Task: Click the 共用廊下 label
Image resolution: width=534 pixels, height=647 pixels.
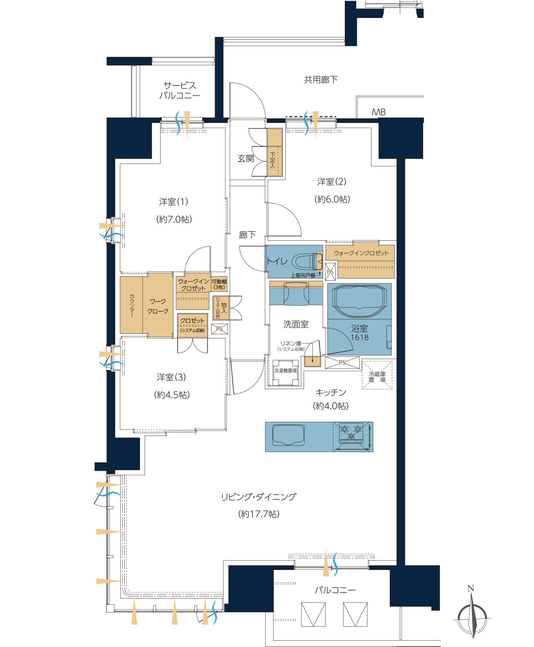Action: [321, 80]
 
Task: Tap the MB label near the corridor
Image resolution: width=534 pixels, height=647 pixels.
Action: [379, 112]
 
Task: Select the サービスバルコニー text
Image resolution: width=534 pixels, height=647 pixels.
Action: [180, 90]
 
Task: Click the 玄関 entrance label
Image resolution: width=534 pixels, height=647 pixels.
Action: [246, 158]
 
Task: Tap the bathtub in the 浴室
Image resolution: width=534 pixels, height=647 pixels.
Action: [357, 301]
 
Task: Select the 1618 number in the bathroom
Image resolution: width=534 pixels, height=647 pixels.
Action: [360, 338]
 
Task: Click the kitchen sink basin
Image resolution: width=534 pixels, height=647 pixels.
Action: [288, 435]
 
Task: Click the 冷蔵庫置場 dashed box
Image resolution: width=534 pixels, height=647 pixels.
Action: [377, 375]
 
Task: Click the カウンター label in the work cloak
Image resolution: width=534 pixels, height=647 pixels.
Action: [132, 305]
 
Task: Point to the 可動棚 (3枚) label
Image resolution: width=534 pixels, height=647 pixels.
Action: [219, 284]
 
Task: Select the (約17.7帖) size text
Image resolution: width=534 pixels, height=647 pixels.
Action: [259, 514]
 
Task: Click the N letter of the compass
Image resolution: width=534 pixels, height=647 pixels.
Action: [471, 588]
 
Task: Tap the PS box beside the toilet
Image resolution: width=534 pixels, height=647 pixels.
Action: [330, 272]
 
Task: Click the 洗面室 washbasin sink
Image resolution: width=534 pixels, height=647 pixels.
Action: [296, 293]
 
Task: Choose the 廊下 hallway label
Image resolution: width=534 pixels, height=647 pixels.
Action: [247, 235]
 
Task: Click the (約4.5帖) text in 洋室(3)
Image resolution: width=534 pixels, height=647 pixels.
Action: [172, 395]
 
